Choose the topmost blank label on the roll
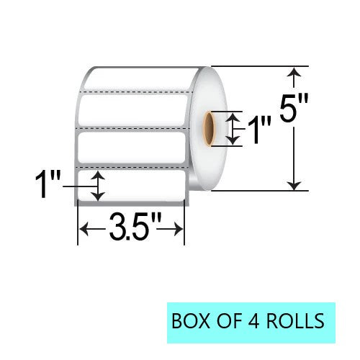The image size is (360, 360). (133, 79)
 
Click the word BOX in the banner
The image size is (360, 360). (189, 318)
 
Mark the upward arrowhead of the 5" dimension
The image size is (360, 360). (294, 72)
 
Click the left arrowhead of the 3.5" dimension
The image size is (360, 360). (83, 230)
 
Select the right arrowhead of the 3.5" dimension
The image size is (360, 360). (180, 230)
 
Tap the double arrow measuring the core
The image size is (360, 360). (231, 128)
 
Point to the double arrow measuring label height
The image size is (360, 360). (99, 186)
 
